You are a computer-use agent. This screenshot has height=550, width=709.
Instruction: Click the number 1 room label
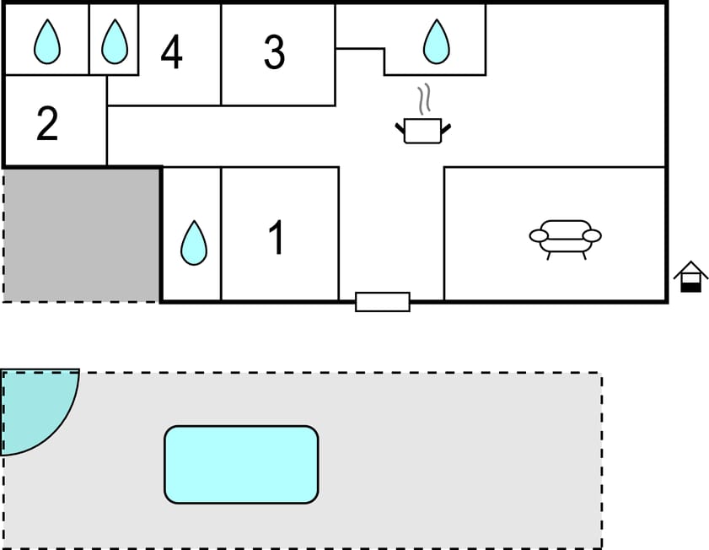(277, 238)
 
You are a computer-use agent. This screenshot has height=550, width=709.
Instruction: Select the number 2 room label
(47, 123)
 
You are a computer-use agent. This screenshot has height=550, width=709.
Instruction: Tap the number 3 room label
(274, 52)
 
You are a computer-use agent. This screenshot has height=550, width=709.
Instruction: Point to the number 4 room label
(171, 52)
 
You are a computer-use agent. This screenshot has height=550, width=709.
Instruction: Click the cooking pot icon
(422, 131)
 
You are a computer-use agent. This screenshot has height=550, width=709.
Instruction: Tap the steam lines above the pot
(427, 99)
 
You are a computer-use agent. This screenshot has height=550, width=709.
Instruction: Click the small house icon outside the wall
(690, 276)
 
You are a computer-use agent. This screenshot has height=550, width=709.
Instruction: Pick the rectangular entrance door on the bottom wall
(383, 301)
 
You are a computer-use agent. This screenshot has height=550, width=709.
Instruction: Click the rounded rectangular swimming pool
(241, 464)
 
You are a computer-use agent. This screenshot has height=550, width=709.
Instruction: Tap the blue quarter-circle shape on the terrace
(34, 405)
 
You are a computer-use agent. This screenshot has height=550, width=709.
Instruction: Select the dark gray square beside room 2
(82, 234)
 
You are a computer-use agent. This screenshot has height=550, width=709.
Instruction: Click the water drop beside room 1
(194, 243)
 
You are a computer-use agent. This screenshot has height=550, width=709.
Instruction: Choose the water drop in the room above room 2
(47, 41)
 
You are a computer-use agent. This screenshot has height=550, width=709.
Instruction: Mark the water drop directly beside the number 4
(114, 41)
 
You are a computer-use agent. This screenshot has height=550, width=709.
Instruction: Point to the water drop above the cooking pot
(436, 41)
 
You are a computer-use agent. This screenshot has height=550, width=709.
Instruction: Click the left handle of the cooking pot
(400, 128)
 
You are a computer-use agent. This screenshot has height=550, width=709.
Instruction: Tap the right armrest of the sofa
(592, 235)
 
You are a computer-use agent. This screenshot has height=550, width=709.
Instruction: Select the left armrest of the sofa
(539, 235)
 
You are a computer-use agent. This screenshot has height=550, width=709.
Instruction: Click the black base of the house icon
(690, 287)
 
